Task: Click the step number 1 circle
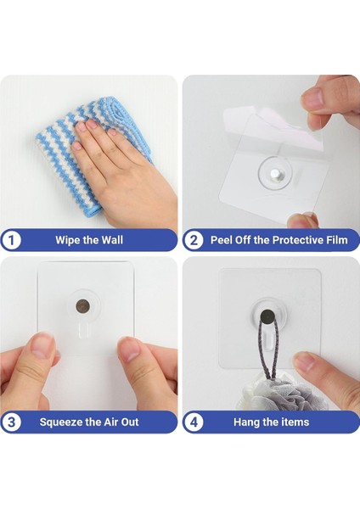tap(11, 241)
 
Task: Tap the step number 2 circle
tap(194, 241)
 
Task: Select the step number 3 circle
tap(11, 422)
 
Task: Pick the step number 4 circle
tap(194, 422)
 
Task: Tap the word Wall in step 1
tap(112, 240)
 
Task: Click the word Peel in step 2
tap(222, 240)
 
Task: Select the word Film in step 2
tap(339, 240)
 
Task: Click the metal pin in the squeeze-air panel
tap(83, 305)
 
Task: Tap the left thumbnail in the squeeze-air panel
tap(42, 346)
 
